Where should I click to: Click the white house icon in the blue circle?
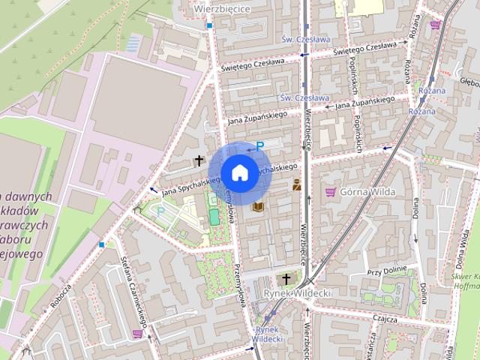[x=239, y=172]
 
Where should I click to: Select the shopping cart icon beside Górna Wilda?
[x=330, y=192]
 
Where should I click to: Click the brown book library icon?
[x=259, y=206]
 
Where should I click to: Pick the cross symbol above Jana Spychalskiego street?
[x=199, y=160]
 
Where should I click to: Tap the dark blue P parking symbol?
[x=259, y=147]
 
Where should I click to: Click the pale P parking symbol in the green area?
[x=160, y=212]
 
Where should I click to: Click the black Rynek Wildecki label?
[x=298, y=292]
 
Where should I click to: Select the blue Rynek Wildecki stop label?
[x=267, y=334]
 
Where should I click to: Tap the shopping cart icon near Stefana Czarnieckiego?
[x=136, y=333]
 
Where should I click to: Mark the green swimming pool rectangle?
[x=214, y=217]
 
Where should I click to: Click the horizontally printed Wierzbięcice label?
[x=221, y=8]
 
